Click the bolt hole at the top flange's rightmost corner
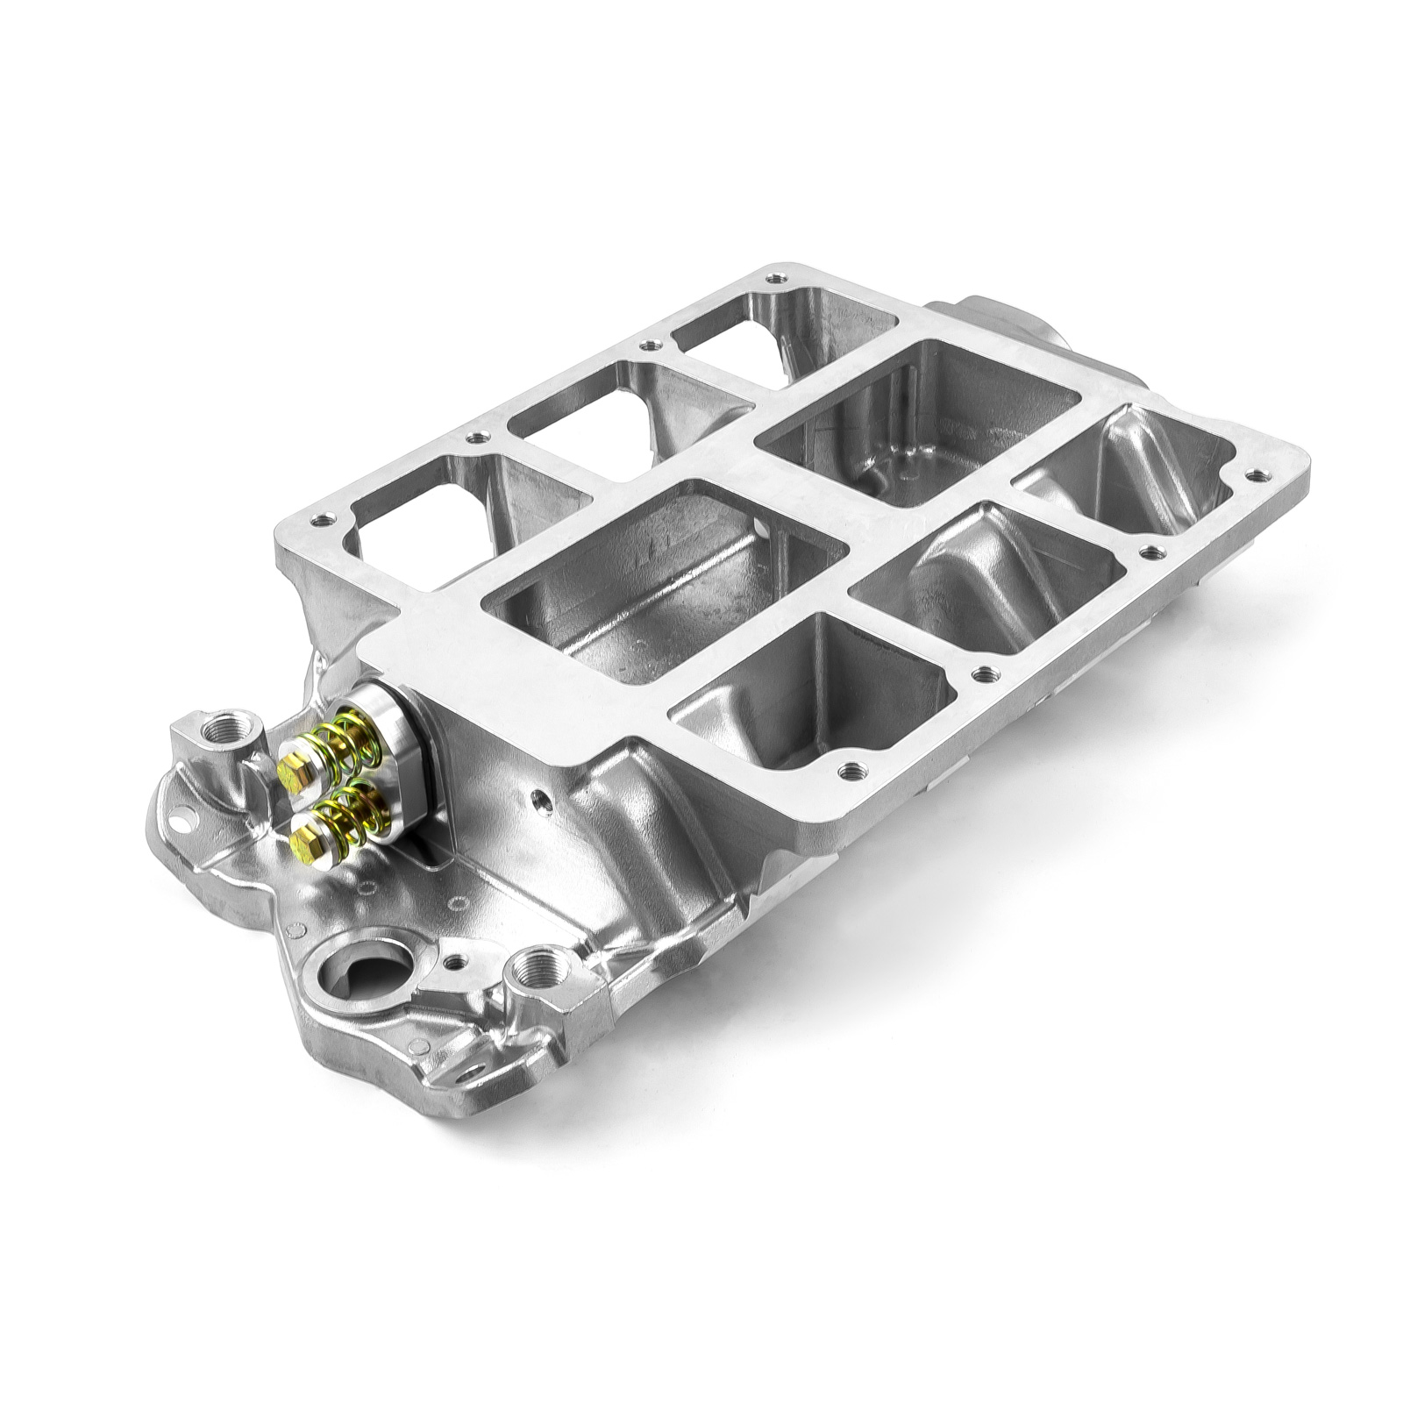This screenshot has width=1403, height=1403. (x=1260, y=476)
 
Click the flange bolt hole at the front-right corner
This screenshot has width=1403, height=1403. (x=848, y=773)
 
